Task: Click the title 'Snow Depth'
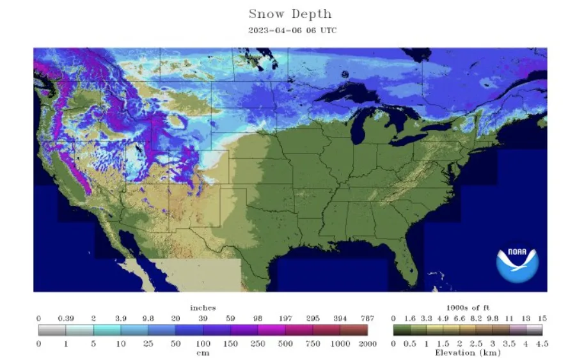[290, 13]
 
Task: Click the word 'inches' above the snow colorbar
[203, 308]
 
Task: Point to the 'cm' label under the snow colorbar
[203, 352]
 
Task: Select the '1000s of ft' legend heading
[468, 308]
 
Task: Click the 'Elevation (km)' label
[468, 352]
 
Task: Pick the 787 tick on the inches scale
[368, 318]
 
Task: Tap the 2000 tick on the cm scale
[368, 344]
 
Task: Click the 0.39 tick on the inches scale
[66, 318]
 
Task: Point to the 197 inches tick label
[285, 318]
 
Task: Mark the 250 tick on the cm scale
[258, 344]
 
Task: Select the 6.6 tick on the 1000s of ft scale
[459, 318]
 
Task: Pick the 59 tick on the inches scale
[231, 318]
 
